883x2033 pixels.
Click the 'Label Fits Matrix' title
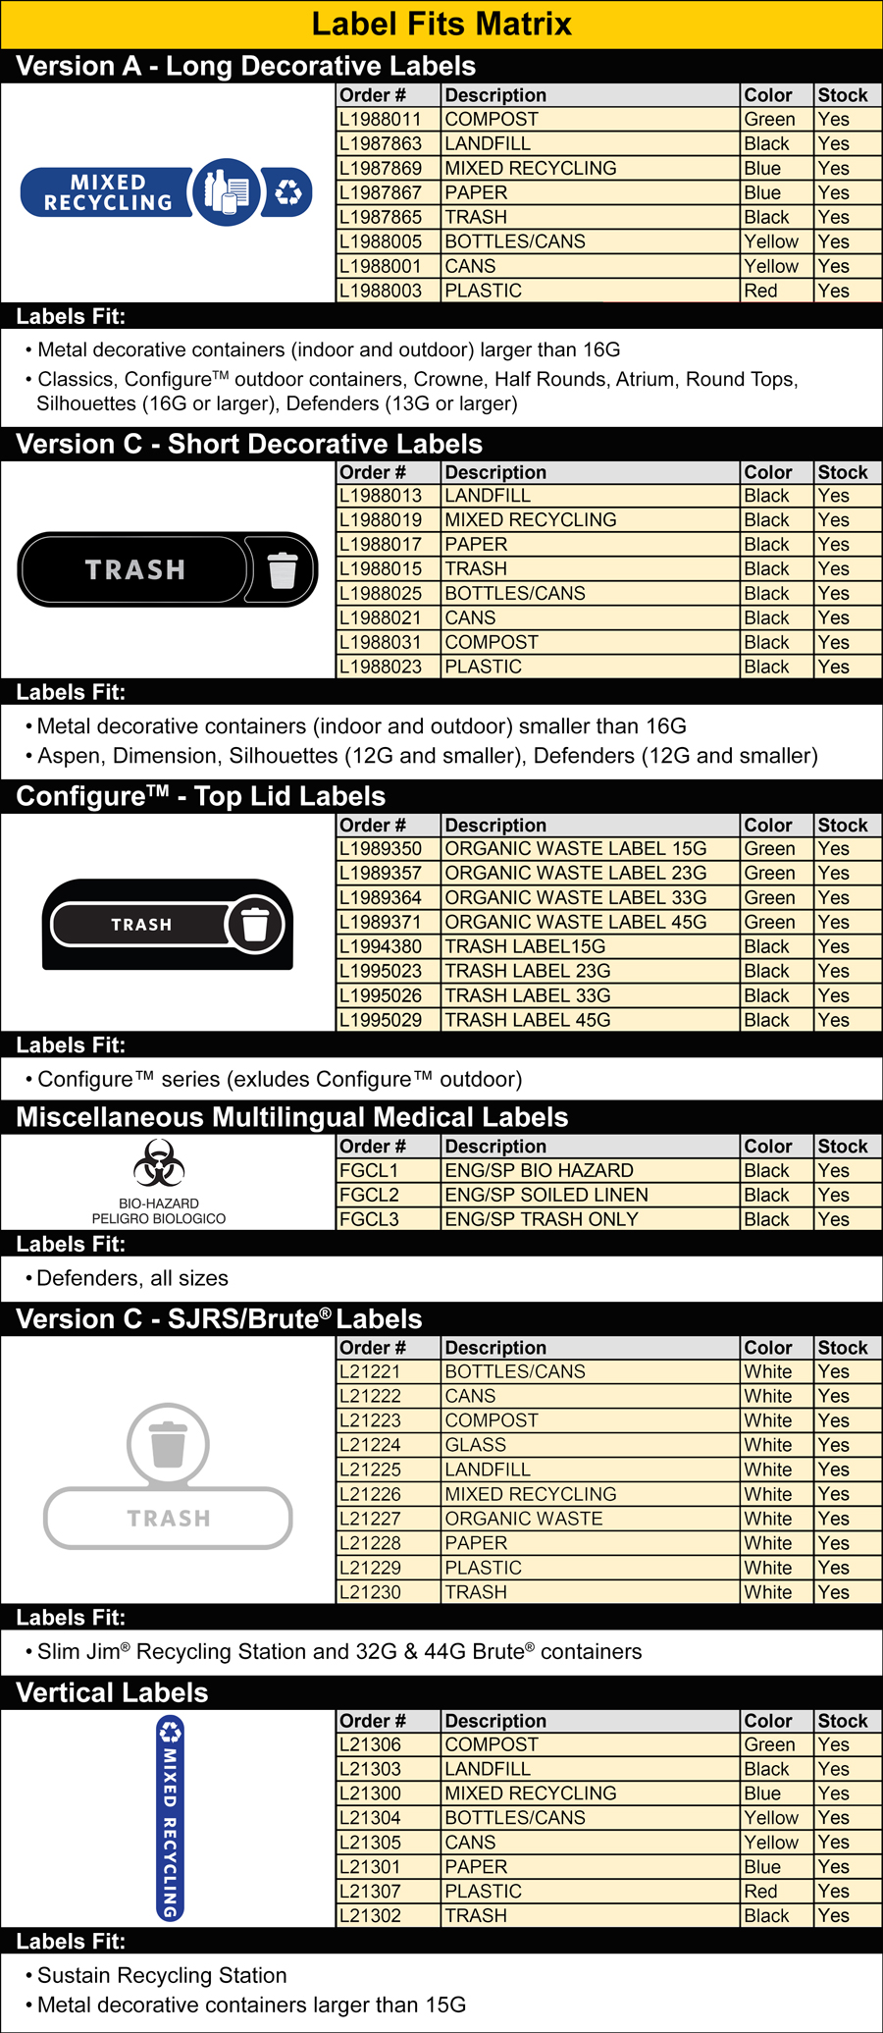tap(441, 24)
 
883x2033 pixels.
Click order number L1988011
tap(381, 120)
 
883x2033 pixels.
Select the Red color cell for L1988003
tap(761, 292)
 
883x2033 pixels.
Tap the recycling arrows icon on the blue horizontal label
tap(288, 192)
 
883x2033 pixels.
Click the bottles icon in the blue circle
tap(227, 191)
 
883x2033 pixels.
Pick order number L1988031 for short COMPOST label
tap(381, 643)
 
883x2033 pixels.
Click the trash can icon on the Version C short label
tap(283, 570)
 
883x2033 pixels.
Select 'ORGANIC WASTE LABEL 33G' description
tap(576, 898)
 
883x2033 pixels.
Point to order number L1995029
tap(381, 1021)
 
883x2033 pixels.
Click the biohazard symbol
tap(159, 1164)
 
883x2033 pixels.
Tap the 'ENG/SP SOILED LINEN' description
tap(546, 1196)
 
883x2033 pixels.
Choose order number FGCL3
tap(369, 1220)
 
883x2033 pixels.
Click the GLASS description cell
tap(476, 1446)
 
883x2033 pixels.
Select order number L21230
tap(370, 1593)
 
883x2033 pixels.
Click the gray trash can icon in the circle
tap(168, 1444)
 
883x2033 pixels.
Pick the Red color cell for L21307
tap(761, 1892)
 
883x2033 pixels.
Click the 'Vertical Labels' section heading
tap(113, 1693)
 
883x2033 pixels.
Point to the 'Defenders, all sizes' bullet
tap(132, 1279)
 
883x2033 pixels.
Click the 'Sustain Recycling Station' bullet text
tap(162, 1976)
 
